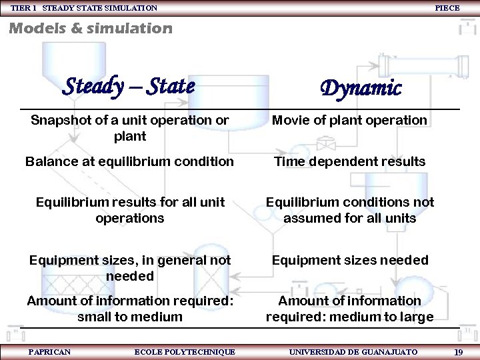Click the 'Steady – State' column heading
(x=129, y=86)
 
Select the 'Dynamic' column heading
(x=361, y=88)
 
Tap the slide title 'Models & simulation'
(x=91, y=28)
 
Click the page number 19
(x=458, y=351)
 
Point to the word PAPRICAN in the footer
(x=49, y=351)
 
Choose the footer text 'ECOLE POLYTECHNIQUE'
(x=185, y=351)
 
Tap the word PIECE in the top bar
(x=447, y=8)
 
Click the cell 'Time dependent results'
(x=349, y=161)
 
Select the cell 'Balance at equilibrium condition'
(x=129, y=161)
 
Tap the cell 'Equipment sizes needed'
(x=349, y=260)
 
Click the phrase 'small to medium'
(x=129, y=317)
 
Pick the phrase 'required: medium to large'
(x=349, y=317)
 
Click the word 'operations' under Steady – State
(x=129, y=218)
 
